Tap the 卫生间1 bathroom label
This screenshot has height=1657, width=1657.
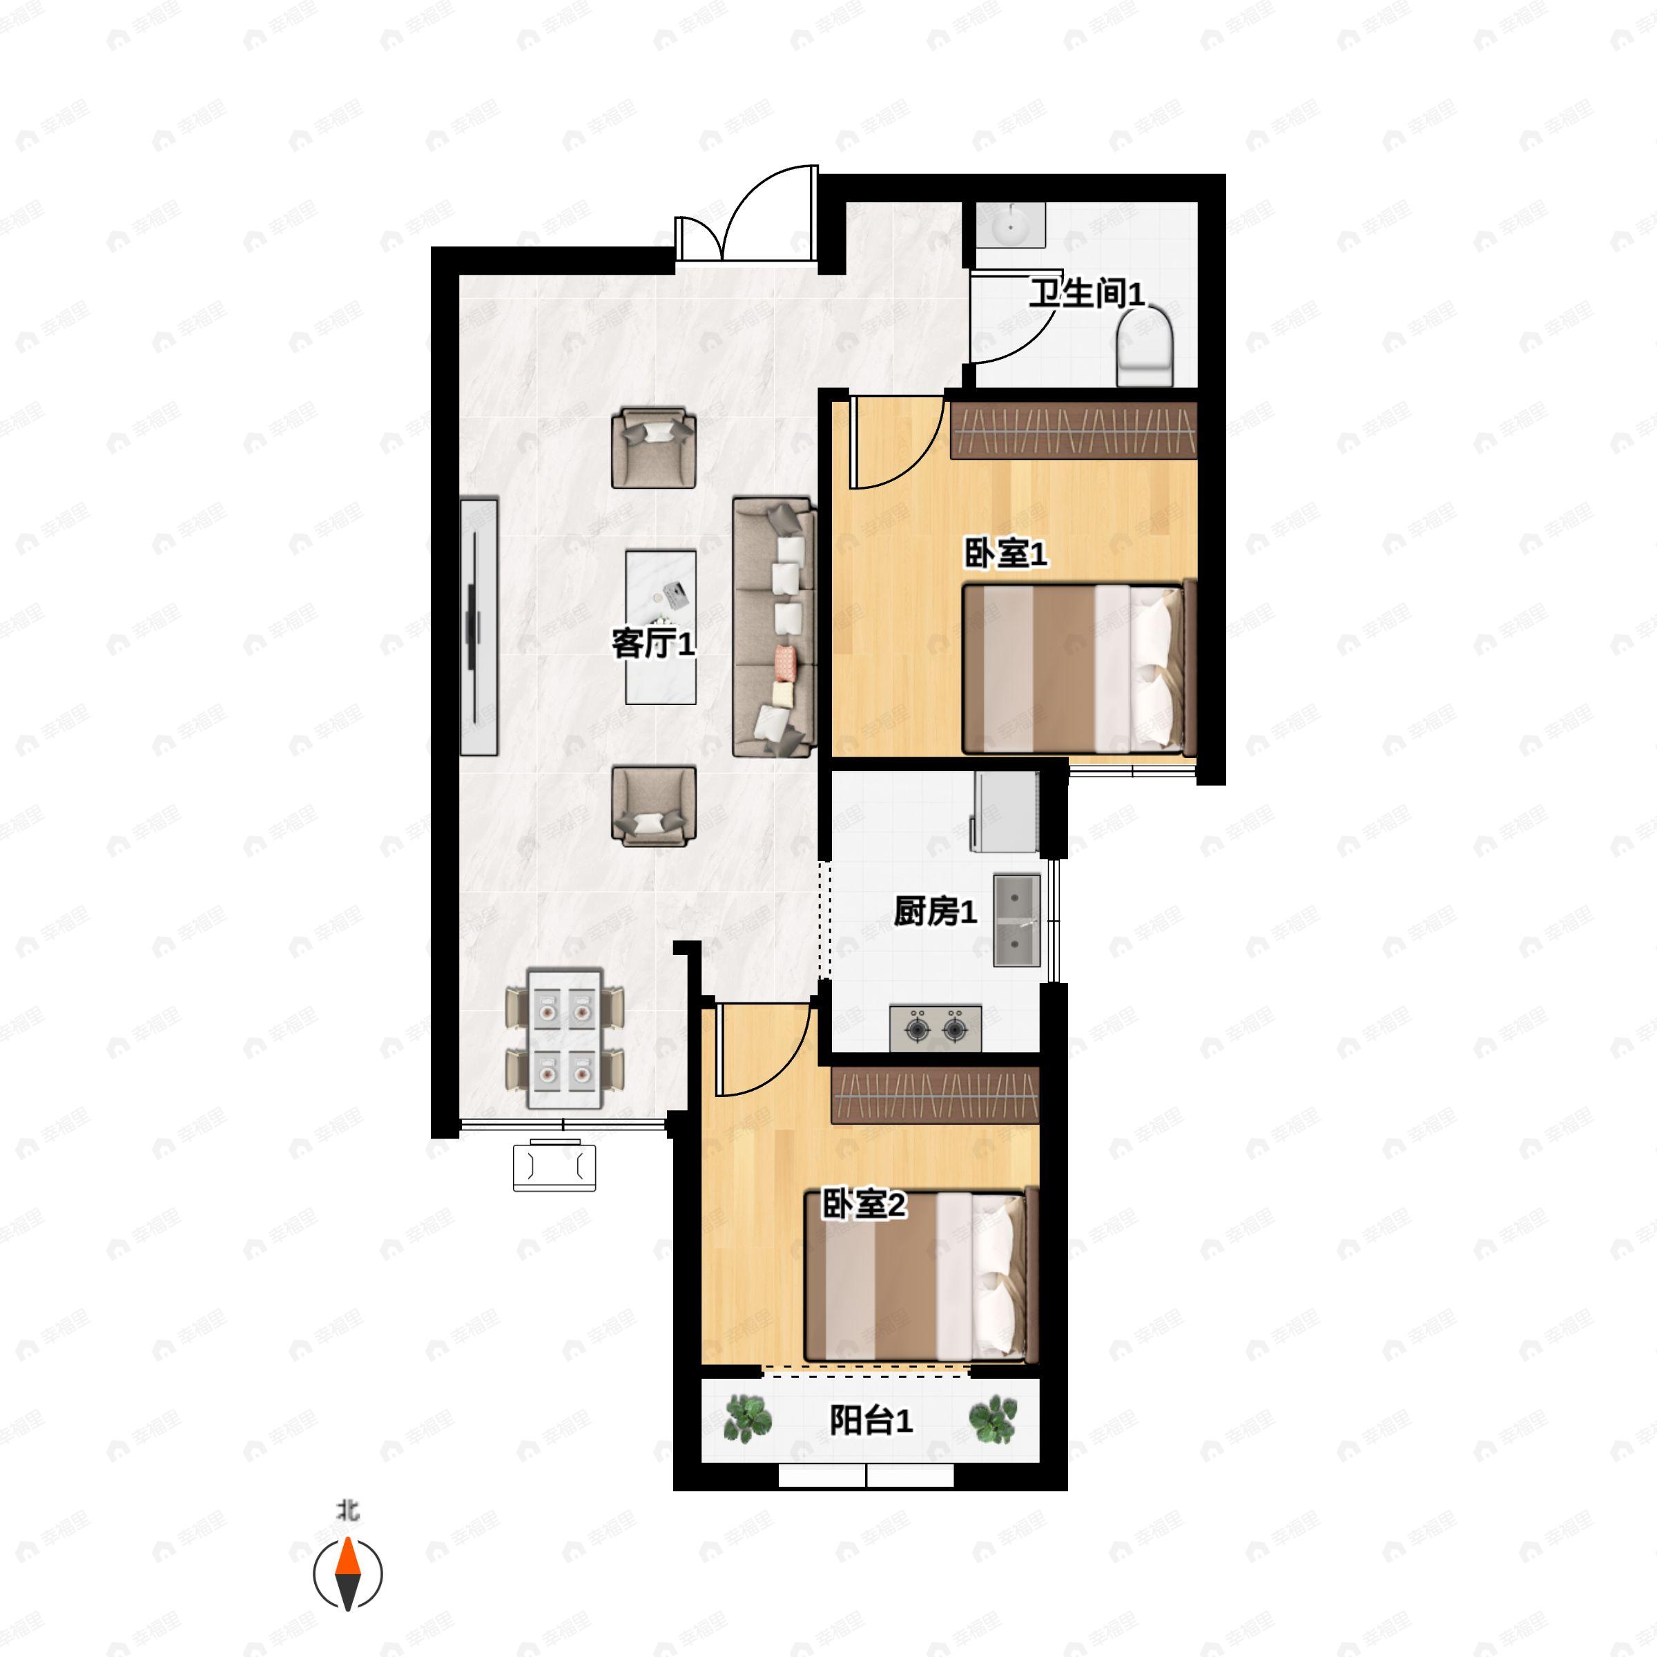click(1087, 294)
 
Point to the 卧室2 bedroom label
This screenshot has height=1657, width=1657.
click(864, 1205)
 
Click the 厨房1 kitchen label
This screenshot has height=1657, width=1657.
click(935, 911)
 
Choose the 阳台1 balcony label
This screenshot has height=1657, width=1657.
click(871, 1421)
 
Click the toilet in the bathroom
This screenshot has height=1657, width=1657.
click(1145, 348)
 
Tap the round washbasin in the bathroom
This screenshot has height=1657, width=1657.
click(1011, 226)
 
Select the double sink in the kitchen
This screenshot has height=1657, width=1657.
click(1016, 920)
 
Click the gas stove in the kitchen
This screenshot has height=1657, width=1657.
click(935, 1027)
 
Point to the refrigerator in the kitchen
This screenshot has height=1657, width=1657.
click(1005, 811)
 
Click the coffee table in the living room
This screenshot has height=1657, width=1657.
click(661, 627)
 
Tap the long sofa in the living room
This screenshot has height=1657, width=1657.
click(773, 627)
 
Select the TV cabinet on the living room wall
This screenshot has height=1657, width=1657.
click(478, 627)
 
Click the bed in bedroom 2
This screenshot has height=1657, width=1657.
click(921, 1275)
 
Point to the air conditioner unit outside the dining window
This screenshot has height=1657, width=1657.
click(554, 1165)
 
